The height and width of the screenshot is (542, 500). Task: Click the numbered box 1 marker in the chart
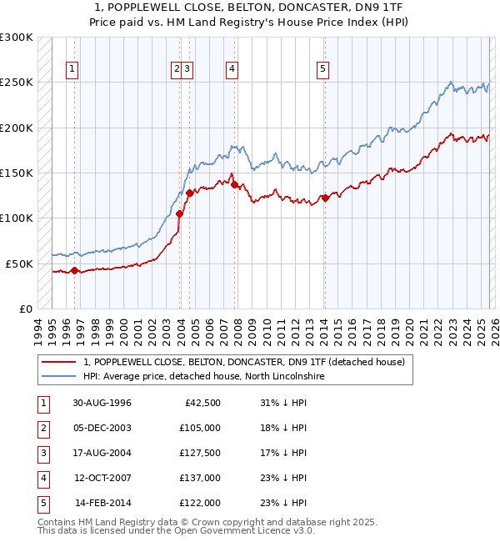point(73,69)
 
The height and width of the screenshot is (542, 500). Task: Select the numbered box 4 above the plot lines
point(232,69)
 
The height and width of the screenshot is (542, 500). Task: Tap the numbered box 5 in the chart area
point(322,69)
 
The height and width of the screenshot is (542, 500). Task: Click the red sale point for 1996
point(74,270)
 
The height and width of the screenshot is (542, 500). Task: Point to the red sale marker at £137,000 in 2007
point(233,184)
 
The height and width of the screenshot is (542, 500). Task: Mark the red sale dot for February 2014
point(324,198)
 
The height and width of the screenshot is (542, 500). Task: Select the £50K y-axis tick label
point(19,263)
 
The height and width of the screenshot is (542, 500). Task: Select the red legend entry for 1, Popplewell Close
point(243,362)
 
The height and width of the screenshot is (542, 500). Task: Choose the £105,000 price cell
point(201,428)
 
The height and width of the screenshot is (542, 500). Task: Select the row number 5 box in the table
point(42,503)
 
